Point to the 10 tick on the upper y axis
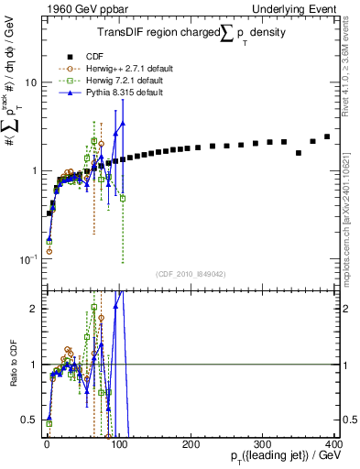tap(27, 82)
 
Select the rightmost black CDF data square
tap(327, 136)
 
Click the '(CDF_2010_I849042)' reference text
tap(190, 273)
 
